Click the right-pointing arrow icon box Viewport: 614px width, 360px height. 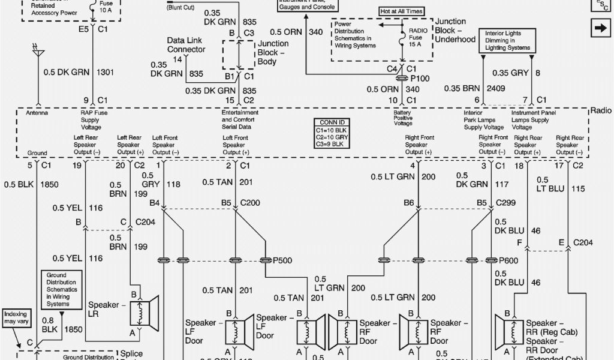599,28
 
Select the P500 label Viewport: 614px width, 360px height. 283,260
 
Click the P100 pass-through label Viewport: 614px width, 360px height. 420,79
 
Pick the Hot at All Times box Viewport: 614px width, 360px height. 401,11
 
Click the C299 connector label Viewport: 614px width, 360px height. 507,203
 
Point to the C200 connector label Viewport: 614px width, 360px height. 251,203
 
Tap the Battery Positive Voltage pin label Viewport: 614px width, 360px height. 402,118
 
